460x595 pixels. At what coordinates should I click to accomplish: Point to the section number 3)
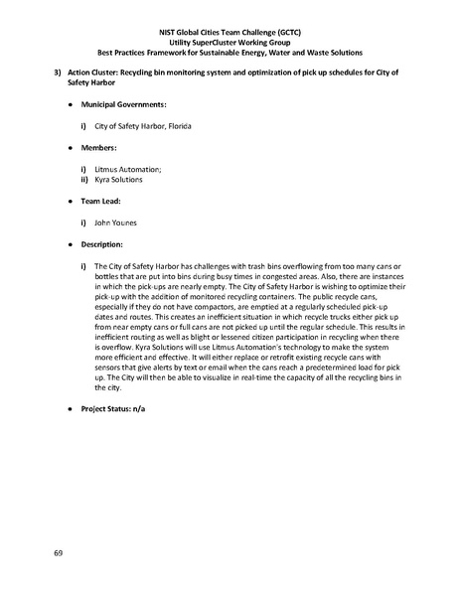[59, 74]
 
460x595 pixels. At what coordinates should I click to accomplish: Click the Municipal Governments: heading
[123, 103]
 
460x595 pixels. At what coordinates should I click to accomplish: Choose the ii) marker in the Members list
[84, 180]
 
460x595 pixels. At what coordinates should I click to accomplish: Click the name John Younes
[115, 223]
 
